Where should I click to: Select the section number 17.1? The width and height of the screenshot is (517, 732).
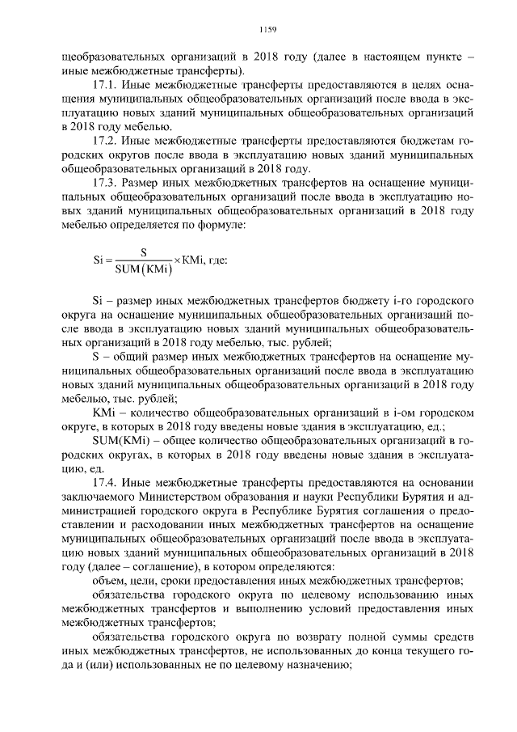point(105,86)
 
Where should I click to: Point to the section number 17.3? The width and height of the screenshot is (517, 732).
point(105,183)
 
